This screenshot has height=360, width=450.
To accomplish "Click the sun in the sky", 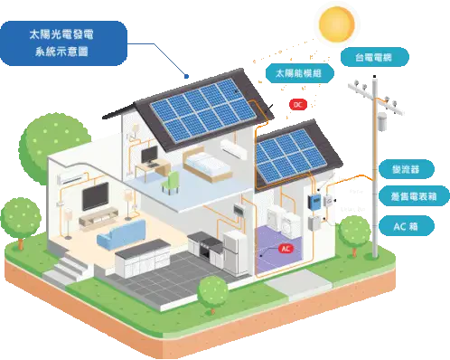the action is [337, 24].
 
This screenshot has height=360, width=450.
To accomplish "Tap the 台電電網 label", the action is [375, 57].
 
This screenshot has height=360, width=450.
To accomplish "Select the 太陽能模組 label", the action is [300, 73].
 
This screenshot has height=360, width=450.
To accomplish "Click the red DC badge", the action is [298, 105].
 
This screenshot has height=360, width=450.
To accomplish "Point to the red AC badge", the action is [286, 249].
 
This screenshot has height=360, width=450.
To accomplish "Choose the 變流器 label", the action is [407, 169].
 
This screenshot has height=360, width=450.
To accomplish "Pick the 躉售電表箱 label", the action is [414, 196].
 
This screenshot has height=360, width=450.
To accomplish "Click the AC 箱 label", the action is [407, 226].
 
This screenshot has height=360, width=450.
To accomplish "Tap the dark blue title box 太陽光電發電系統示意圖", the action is [62, 43].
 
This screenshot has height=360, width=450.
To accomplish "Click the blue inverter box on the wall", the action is [314, 201].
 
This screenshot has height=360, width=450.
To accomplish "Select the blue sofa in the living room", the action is [121, 234].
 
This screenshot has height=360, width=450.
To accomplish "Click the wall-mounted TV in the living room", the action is [96, 196].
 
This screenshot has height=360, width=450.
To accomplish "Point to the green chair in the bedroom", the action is [171, 183].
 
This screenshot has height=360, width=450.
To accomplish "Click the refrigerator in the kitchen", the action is [235, 251].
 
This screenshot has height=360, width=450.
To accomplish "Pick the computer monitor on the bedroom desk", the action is [150, 156].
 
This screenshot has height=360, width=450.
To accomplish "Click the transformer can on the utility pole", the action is [381, 121].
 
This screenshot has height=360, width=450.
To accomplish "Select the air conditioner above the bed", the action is [234, 148].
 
